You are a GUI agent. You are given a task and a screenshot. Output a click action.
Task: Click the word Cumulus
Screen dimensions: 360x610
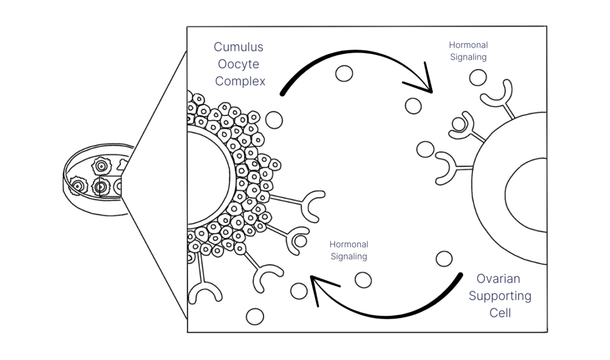238,47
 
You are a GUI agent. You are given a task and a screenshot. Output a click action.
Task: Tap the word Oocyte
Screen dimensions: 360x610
238,65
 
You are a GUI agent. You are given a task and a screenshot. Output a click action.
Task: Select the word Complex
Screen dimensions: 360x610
240,81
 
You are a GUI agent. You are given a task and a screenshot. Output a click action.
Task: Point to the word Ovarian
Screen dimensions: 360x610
498,279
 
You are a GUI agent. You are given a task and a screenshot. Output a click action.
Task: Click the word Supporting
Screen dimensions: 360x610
500,295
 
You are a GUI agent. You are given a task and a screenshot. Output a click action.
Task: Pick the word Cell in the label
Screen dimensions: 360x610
500,312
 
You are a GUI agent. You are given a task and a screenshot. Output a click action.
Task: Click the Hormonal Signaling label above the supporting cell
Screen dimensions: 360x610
468,51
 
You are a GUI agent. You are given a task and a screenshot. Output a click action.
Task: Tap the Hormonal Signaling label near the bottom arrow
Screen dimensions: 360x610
349,250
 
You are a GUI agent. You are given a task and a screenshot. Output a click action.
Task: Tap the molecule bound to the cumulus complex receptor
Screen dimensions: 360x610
300,241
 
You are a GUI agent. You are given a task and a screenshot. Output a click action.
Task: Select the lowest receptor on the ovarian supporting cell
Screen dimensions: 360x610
450,167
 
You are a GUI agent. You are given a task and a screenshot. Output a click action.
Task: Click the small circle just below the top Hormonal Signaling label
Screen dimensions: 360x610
477,78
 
